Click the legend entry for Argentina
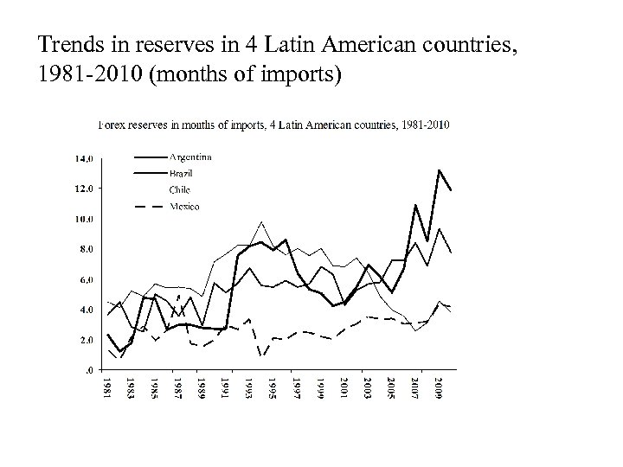[x=190, y=157]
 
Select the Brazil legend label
[x=183, y=173]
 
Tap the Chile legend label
[x=181, y=189]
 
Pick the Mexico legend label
[x=184, y=206]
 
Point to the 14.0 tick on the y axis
[x=86, y=158]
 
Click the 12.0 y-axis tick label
[x=86, y=189]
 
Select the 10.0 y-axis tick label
[x=86, y=219]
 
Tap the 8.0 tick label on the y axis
[x=87, y=249]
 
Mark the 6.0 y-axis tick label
[x=87, y=279]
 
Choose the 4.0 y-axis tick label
[x=87, y=310]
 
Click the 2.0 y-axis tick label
[x=87, y=340]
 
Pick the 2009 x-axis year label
[x=440, y=386]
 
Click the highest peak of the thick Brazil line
[x=440, y=170]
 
